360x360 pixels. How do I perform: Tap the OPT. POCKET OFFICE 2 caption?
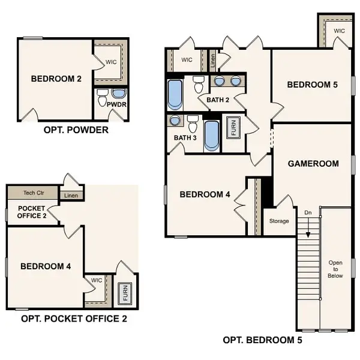point(74,319)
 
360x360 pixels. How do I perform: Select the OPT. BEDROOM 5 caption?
point(262,340)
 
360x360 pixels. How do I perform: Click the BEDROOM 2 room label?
point(53,78)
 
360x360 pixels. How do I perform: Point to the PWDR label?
point(115,104)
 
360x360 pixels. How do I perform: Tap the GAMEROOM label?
point(313,163)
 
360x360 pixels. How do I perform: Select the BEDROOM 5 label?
point(312,85)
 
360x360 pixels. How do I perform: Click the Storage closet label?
point(279,221)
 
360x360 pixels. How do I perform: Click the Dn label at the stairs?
point(308,212)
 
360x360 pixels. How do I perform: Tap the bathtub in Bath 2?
point(175,94)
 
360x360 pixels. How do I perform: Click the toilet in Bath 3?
point(193,125)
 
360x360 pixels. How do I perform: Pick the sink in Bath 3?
point(175,121)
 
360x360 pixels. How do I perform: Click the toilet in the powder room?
point(103,95)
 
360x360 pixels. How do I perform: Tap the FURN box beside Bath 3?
point(230,128)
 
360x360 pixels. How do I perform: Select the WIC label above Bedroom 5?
point(339,31)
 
